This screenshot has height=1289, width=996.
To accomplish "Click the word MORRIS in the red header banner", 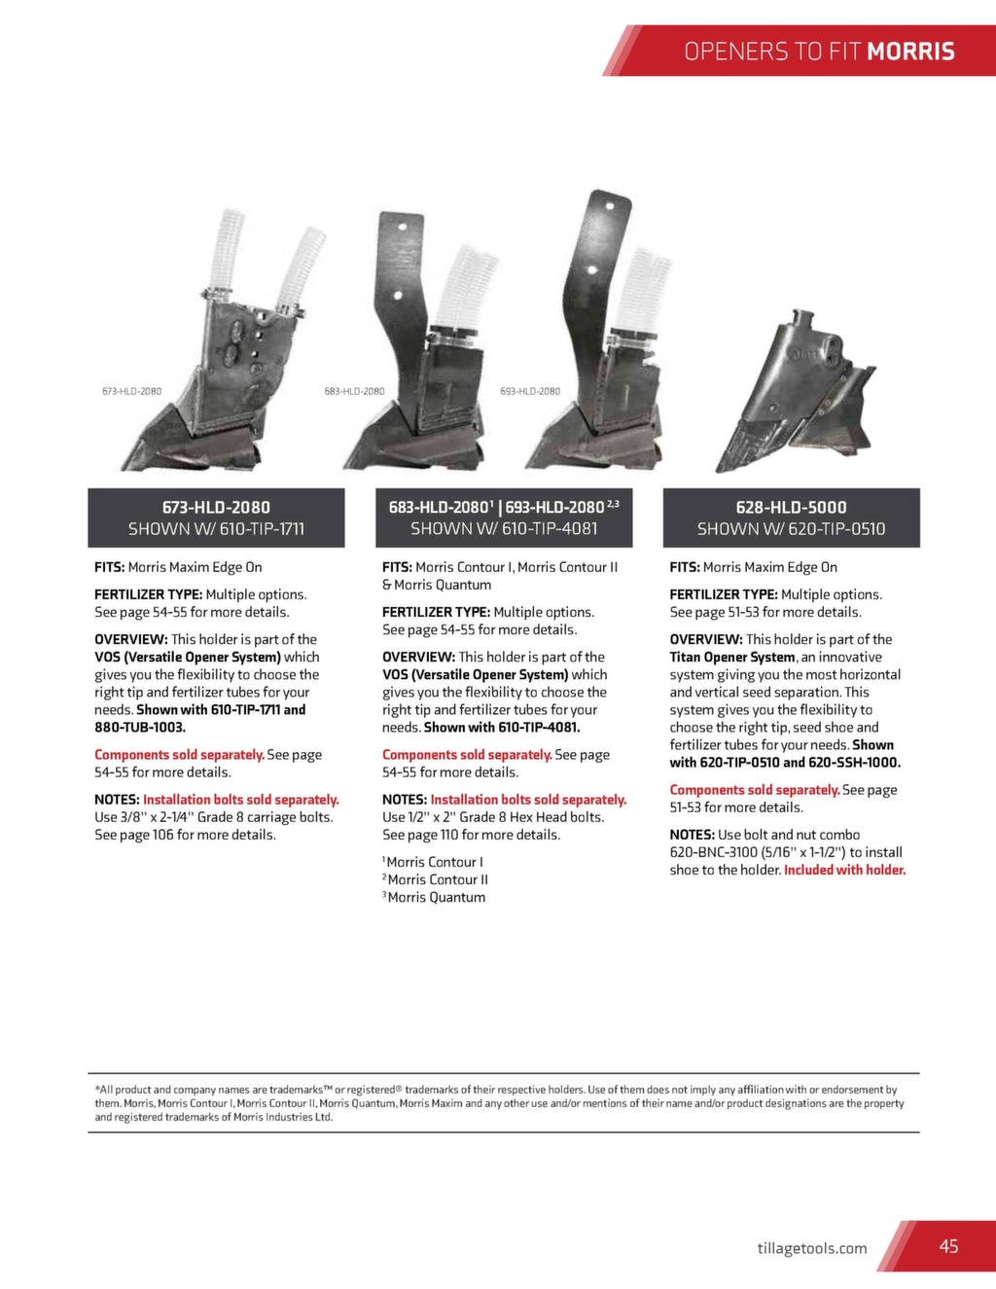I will point(910,52).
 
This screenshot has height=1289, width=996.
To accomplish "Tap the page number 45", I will point(948,1246).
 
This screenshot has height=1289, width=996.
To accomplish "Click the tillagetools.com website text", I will point(812,1248).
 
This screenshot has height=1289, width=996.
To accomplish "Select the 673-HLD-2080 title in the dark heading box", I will point(216,507).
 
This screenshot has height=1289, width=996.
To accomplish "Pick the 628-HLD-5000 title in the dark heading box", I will point(791,507).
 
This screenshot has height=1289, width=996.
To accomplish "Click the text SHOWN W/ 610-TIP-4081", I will point(504,528).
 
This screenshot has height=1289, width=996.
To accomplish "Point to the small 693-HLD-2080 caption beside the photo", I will point(530,391).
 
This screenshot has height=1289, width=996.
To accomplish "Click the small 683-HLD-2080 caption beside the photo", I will point(354,391).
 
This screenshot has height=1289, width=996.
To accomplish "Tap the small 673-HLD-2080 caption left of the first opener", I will point(131,391).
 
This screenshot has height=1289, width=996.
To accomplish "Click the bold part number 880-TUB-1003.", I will point(140,727).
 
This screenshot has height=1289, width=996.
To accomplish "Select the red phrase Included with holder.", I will point(844,870).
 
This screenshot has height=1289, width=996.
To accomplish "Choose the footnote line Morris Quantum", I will point(436,897).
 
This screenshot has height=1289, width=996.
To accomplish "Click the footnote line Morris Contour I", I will point(434,862).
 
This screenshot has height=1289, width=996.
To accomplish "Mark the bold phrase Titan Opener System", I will point(732,657).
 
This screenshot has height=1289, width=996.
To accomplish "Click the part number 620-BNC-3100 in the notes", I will point(713,852).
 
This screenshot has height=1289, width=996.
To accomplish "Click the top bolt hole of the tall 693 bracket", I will point(611,206).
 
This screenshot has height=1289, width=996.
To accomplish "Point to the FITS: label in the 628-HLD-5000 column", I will point(685,567).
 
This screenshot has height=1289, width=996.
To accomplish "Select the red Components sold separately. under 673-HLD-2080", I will point(179,754).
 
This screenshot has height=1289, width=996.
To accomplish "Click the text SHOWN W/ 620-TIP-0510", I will point(791,529).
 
